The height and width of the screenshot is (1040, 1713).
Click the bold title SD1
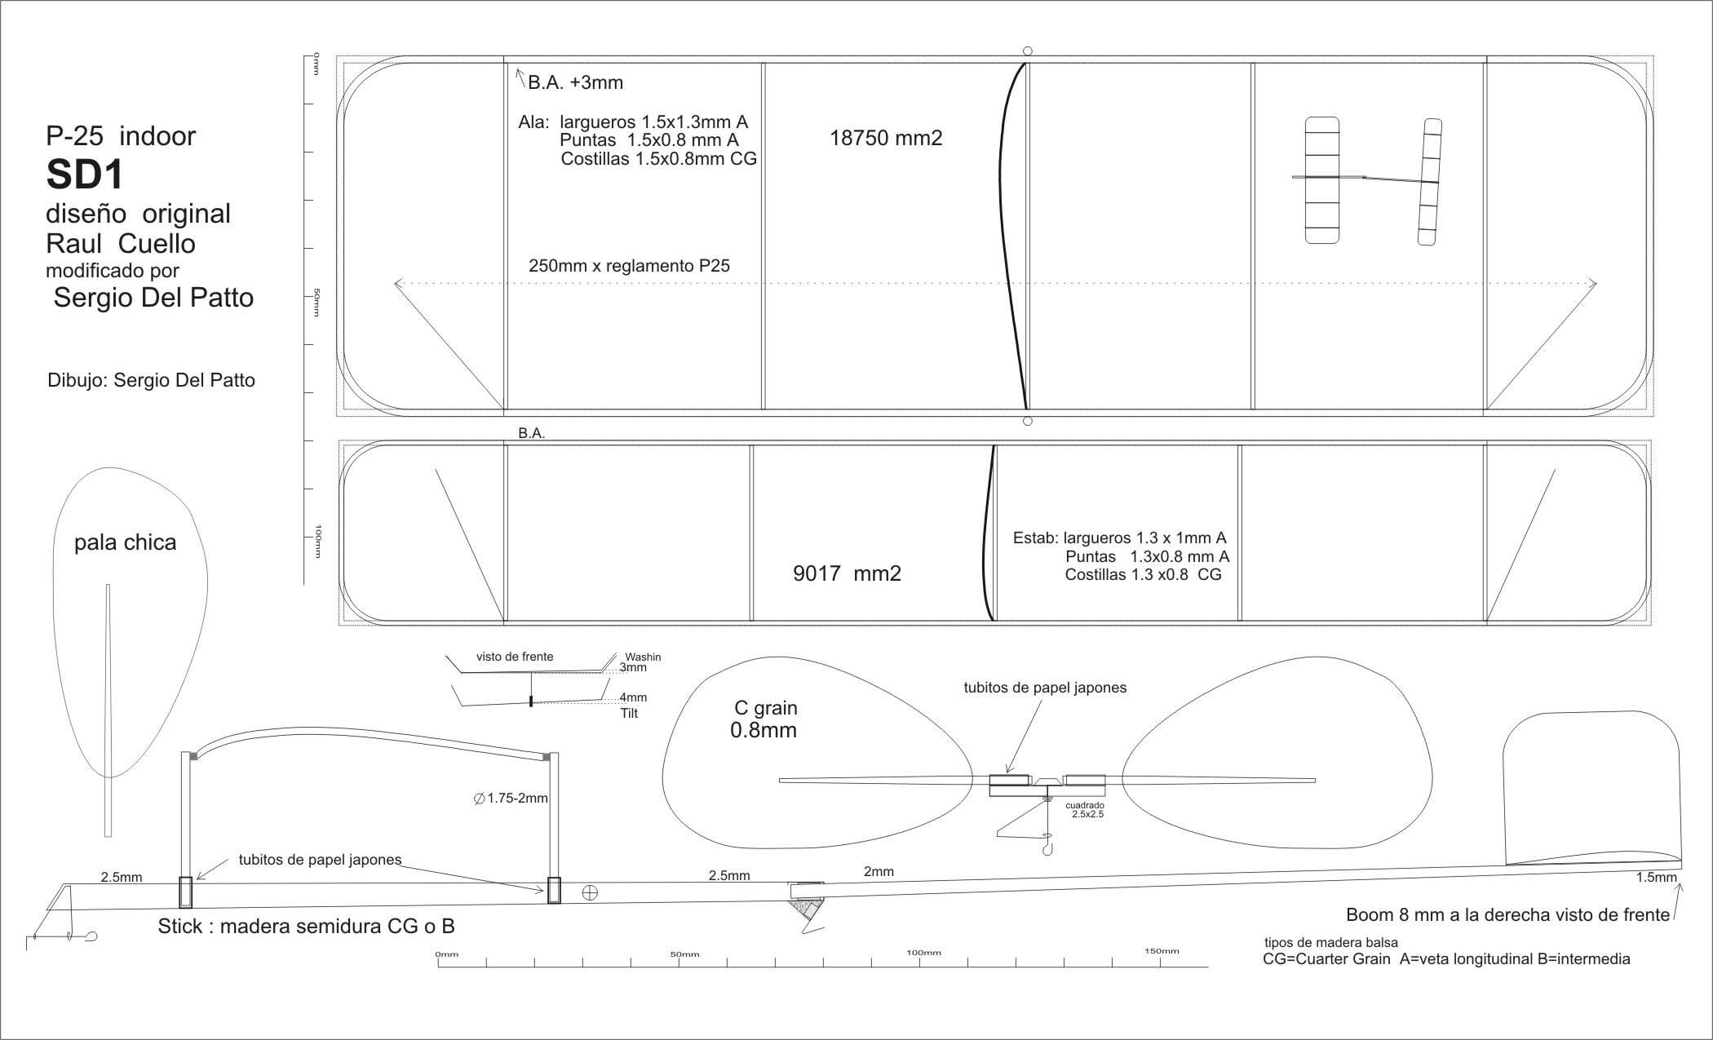[84, 174]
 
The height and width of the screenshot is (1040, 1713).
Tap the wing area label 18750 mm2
[886, 138]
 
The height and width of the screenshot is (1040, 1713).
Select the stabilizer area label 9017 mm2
[847, 573]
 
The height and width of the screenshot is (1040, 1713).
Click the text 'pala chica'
[125, 543]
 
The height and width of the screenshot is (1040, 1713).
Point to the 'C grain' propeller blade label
[766, 708]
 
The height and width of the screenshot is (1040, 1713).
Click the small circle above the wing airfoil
[1028, 51]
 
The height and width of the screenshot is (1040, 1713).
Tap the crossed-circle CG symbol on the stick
[590, 892]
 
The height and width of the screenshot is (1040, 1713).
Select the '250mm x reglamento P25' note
[629, 266]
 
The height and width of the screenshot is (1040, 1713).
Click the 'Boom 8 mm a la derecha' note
[1507, 915]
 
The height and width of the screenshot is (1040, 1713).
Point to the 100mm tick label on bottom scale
[923, 952]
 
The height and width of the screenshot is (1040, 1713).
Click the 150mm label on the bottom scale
[1162, 951]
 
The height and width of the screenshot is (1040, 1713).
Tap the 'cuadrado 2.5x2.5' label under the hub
[1087, 809]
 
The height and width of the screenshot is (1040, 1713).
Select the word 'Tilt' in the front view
[629, 713]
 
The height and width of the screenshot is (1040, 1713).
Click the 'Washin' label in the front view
[643, 657]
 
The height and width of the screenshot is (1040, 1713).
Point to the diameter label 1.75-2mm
[511, 798]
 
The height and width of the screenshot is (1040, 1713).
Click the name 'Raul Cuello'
[121, 243]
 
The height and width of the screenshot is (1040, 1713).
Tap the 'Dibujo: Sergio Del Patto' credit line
[152, 380]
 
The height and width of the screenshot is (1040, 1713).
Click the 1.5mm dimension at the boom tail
[1656, 878]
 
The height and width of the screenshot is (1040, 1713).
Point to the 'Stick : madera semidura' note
[306, 927]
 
